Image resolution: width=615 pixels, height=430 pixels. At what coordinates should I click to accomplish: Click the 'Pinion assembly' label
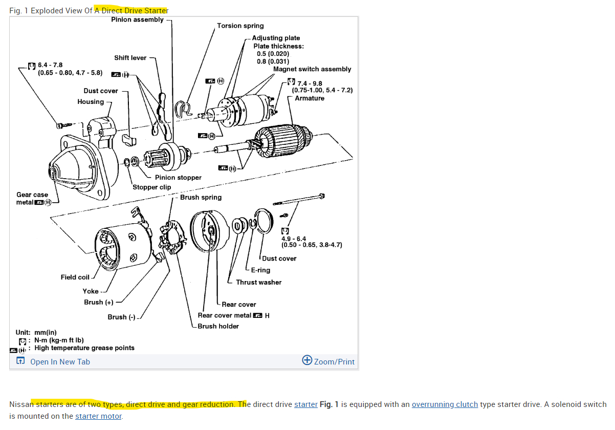[x=137, y=19]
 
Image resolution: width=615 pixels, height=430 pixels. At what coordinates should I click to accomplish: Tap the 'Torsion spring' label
[x=240, y=26]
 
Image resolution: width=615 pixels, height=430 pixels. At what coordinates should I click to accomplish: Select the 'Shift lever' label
[x=130, y=58]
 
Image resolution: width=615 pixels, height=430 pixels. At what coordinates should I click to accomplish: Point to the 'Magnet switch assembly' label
[x=312, y=69]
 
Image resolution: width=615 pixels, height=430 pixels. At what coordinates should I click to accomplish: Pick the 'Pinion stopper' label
[x=178, y=178]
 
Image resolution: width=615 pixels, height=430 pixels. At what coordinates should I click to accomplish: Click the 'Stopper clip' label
[x=151, y=187]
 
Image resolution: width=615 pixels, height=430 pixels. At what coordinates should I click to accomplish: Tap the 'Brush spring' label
[x=201, y=198]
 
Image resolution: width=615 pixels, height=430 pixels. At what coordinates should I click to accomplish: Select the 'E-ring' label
[x=260, y=270]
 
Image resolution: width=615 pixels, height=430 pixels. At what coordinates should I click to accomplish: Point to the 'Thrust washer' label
[x=258, y=283]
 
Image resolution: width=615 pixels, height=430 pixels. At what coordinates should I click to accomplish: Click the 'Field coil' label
[x=75, y=277]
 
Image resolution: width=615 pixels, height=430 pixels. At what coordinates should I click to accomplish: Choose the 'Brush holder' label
[x=218, y=327]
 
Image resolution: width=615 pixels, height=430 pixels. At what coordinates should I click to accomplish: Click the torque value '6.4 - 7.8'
[x=50, y=65]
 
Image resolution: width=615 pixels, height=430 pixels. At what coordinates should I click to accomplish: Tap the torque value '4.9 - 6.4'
[x=294, y=239]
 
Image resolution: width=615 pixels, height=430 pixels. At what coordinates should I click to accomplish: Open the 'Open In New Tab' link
[x=60, y=362]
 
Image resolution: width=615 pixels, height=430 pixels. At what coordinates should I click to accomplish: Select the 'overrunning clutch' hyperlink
[x=445, y=404]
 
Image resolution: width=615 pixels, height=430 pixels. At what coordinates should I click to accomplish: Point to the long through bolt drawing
[x=299, y=199]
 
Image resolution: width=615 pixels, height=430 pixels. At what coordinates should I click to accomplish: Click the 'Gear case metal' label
[x=32, y=199]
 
